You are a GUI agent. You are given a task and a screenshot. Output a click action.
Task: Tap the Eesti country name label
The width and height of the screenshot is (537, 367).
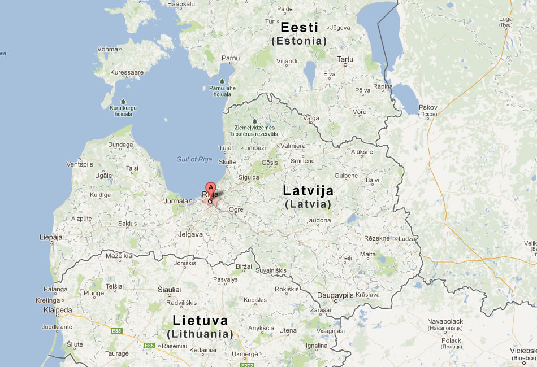[299, 27]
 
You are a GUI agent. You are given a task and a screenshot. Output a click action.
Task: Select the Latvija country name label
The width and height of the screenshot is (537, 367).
[308, 190]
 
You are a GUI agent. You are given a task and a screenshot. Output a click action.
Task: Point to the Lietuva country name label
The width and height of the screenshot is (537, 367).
[201, 321]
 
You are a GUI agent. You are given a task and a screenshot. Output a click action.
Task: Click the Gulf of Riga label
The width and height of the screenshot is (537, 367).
[194, 159]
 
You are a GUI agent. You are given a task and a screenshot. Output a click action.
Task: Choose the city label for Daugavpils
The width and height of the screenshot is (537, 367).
[335, 295]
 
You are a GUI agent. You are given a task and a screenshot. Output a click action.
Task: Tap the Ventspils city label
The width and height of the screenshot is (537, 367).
[79, 164]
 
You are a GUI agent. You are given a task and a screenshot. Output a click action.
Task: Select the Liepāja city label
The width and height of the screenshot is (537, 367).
[51, 237]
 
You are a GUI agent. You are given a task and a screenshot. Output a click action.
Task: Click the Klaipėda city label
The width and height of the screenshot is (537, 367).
[58, 310]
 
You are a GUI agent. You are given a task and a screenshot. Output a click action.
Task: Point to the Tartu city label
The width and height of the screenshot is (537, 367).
[345, 59]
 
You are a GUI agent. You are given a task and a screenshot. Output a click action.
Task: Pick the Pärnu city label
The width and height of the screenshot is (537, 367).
[231, 58]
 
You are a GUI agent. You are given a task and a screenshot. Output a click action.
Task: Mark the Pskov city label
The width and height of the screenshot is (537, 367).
[428, 107]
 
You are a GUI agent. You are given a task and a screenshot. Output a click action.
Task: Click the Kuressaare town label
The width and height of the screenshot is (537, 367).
[127, 72]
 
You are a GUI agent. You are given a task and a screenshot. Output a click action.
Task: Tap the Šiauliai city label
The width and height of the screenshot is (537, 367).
[168, 289]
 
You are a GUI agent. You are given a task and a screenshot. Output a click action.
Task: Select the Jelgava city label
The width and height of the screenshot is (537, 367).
[190, 234]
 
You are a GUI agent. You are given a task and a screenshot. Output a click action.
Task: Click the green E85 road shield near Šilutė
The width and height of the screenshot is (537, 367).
[116, 330]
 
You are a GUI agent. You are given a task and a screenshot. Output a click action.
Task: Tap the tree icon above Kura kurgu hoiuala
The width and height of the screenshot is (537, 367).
[123, 102]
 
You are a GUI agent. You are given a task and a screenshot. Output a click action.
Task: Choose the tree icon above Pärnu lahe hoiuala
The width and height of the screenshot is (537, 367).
[222, 81]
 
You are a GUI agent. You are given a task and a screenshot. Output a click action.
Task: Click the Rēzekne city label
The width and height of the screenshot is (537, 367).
[377, 238]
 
